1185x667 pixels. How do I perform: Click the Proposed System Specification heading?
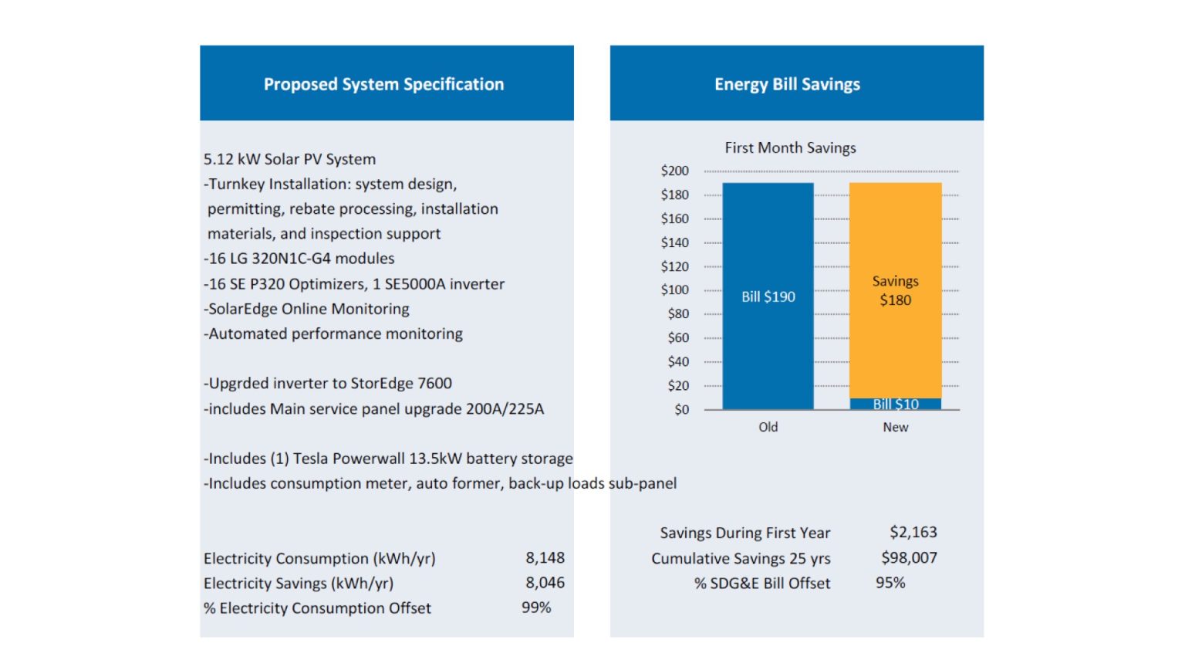coord(383,84)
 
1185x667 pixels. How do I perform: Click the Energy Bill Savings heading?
coord(787,84)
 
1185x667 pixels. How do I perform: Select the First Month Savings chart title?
coord(790,147)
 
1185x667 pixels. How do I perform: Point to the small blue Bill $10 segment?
coord(895,404)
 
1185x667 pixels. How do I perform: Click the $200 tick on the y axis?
coord(674,171)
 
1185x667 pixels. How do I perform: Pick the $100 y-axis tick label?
coord(674,289)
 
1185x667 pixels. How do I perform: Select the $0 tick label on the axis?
coord(681,409)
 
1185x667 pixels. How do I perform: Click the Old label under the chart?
coord(768,427)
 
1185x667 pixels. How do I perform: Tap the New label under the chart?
coord(895,427)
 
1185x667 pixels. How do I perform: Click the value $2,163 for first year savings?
coord(913,532)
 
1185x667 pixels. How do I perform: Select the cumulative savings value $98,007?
coord(909,557)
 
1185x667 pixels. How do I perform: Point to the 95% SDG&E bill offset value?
coord(890,583)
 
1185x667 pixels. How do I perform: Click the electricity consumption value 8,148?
coord(545,557)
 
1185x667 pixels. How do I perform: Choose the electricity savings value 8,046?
coord(545,583)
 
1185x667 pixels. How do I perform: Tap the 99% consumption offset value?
coord(536,608)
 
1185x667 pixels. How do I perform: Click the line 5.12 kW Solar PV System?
coord(289,159)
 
